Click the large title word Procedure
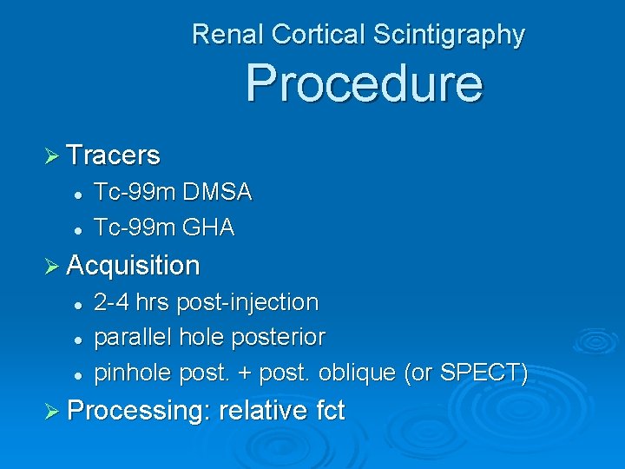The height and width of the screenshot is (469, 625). click(x=363, y=83)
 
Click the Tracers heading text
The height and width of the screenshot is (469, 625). click(x=113, y=155)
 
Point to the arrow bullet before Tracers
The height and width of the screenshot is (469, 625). click(x=51, y=155)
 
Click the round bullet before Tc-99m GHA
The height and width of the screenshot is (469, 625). click(x=77, y=229)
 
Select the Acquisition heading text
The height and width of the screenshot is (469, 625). click(x=133, y=265)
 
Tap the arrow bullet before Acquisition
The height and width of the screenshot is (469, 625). click(x=51, y=265)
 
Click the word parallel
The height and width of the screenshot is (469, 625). click(x=132, y=337)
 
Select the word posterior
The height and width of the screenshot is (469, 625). click(x=274, y=337)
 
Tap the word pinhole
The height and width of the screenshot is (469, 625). click(x=132, y=373)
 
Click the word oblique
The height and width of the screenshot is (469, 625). click(x=359, y=373)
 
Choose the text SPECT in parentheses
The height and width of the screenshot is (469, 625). click(x=480, y=373)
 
